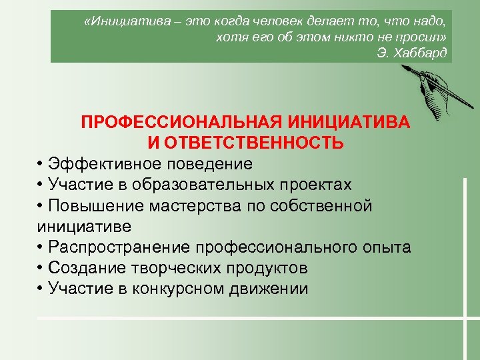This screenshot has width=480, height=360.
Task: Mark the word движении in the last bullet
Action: (275, 289)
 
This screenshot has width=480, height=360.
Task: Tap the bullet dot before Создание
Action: (41, 269)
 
